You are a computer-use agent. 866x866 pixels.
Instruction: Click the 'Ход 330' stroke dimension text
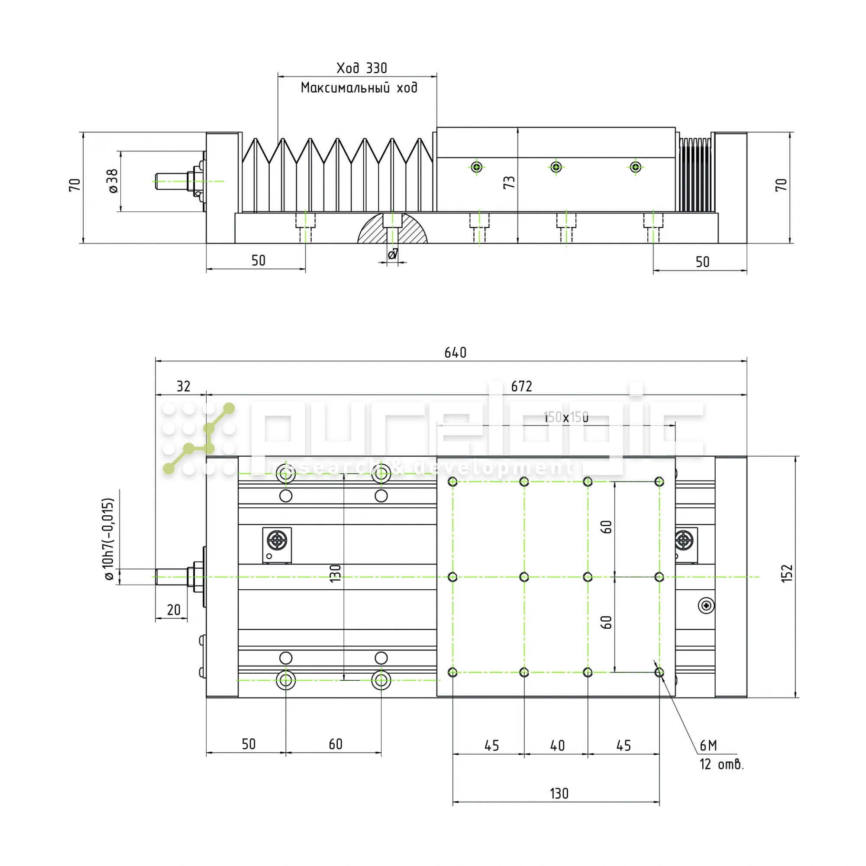[361, 68]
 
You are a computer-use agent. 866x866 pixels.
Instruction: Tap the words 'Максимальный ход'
[359, 88]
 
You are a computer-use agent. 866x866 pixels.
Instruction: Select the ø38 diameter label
[113, 181]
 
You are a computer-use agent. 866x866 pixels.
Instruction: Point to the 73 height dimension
[509, 182]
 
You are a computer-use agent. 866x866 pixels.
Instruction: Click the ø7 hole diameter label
[393, 254]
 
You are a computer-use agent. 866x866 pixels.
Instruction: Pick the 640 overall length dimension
[455, 353]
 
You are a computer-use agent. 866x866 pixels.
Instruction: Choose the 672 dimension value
[521, 386]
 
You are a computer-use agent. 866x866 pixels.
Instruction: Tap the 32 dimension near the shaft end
[183, 386]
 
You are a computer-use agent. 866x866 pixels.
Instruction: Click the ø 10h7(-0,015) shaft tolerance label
[109, 539]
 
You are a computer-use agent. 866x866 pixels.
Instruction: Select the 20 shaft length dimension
[174, 610]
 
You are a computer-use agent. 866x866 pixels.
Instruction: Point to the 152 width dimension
[787, 573]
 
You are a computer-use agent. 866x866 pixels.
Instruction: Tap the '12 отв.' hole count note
[721, 764]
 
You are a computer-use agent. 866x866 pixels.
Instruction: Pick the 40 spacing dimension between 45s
[557, 746]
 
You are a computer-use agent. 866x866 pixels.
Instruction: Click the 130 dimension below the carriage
[559, 794]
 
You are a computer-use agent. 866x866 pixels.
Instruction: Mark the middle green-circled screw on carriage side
[556, 167]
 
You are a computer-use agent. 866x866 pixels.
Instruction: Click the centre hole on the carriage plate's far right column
[659, 577]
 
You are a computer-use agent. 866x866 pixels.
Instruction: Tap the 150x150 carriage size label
[566, 417]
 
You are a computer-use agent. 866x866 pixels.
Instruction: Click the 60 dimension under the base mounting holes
[335, 744]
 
